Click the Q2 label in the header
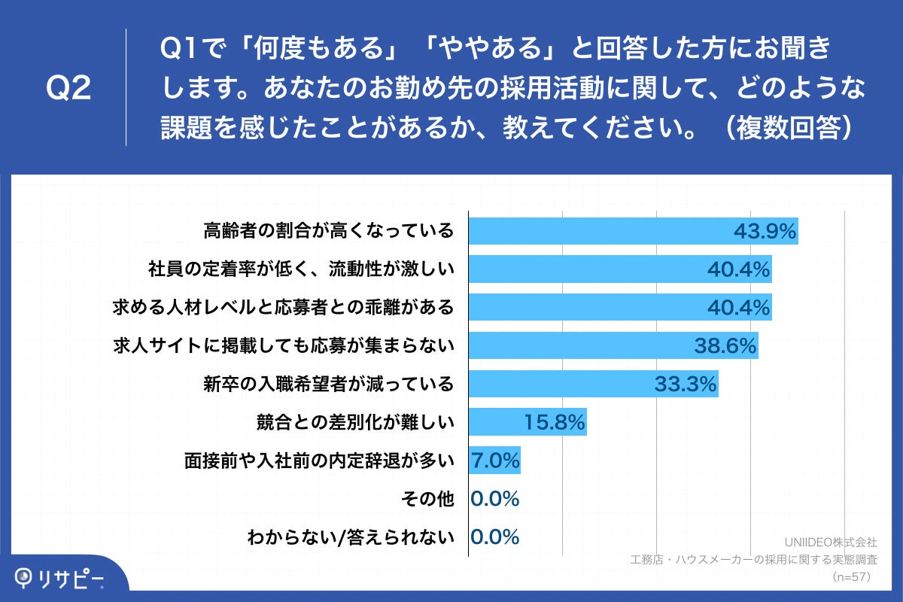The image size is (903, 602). point(68,89)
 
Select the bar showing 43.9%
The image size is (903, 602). point(633,231)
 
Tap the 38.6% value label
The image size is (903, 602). point(724,346)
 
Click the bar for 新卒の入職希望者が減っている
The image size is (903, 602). point(593,385)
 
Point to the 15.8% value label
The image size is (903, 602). point(554,423)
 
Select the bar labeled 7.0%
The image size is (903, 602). point(494,461)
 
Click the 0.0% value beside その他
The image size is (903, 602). point(494,499)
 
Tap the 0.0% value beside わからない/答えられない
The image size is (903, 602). point(494,537)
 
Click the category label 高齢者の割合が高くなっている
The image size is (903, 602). point(329,231)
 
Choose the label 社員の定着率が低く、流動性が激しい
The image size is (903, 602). point(302,269)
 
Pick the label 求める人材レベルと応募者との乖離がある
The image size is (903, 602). point(283,307)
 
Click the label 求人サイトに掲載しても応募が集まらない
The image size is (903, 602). point(283,346)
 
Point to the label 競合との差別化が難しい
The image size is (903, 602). point(356,423)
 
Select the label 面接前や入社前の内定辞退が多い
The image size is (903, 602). point(320,461)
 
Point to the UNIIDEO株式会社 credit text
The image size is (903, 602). point(831,542)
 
